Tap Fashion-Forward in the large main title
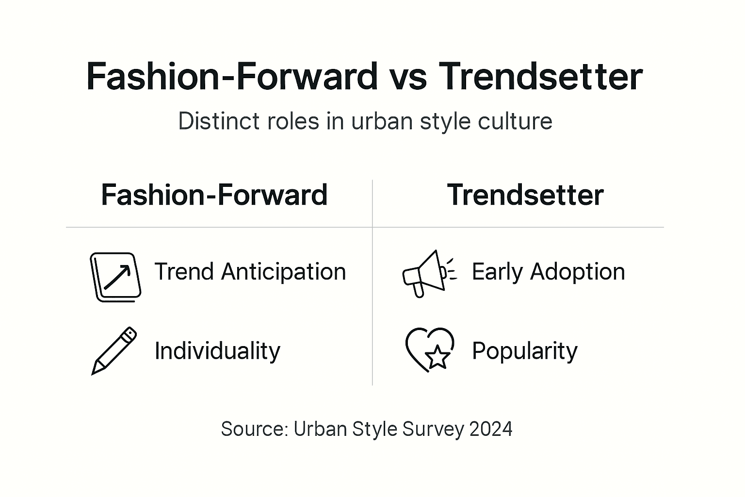pyautogui.click(x=232, y=77)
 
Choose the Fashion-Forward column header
pyautogui.click(x=214, y=195)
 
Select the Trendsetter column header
pyautogui.click(x=525, y=195)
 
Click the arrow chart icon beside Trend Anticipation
pyautogui.click(x=115, y=277)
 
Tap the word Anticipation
pyautogui.click(x=284, y=272)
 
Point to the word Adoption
pyautogui.click(x=577, y=272)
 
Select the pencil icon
pyautogui.click(x=114, y=350)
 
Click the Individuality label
pyautogui.click(x=217, y=350)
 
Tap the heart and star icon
pyautogui.click(x=430, y=349)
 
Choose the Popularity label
pyautogui.click(x=525, y=350)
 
